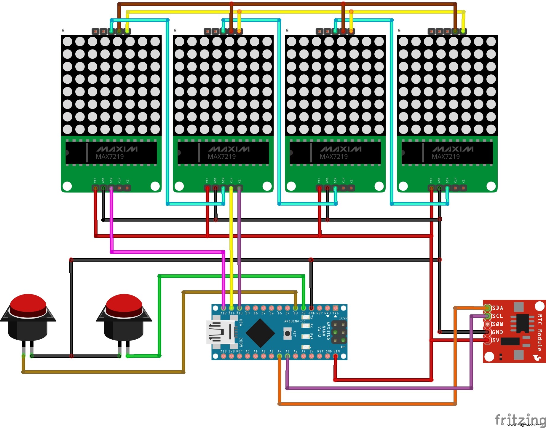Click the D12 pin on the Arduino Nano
point(223,308)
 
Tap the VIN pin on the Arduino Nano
point(335,356)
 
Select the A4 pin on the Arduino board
point(279,356)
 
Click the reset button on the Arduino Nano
point(287,333)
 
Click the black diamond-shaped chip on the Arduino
point(260,333)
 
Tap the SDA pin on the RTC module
point(487,308)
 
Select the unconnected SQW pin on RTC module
point(487,324)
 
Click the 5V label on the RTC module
point(496,340)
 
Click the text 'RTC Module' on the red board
point(539,332)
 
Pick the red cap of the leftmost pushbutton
point(28,304)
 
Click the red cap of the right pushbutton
point(124,304)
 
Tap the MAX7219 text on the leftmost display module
point(110,157)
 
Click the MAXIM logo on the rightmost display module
point(453,149)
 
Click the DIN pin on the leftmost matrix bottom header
point(111,188)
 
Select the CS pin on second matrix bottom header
point(239,188)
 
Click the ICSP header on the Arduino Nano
point(339,332)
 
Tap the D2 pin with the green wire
point(303,308)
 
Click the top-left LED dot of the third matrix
point(291,42)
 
